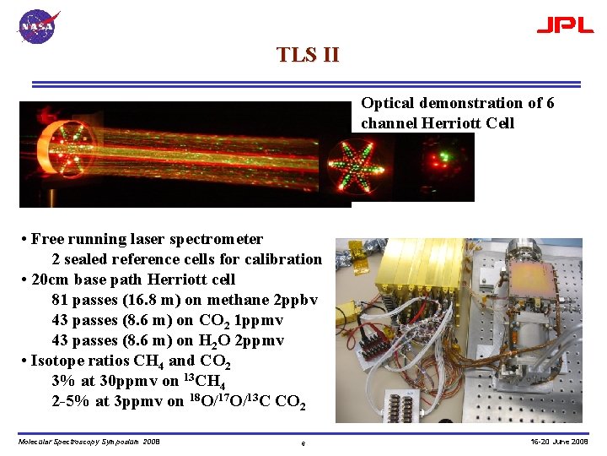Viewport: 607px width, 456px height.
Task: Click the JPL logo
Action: point(565,25)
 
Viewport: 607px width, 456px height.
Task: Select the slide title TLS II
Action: point(308,55)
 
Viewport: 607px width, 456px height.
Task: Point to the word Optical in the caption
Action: point(388,103)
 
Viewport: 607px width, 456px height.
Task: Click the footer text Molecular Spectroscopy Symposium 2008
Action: point(89,441)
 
